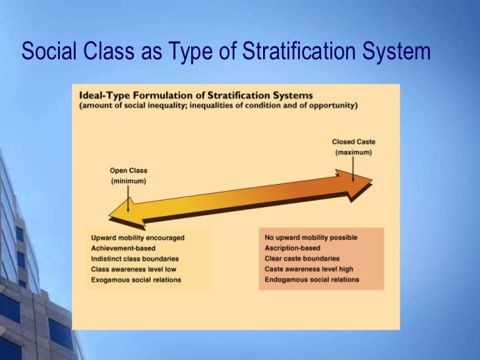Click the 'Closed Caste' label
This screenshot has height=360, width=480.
click(353, 142)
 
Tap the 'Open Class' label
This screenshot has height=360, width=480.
click(129, 171)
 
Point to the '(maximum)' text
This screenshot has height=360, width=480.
click(353, 152)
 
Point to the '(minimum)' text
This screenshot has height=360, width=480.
click(129, 181)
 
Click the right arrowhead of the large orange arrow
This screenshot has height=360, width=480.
click(359, 184)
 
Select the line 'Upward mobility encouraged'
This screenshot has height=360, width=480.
click(137, 237)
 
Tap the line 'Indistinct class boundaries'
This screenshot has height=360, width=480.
click(135, 258)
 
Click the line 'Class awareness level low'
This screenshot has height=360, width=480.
click(133, 269)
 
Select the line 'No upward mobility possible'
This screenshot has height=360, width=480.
click(311, 237)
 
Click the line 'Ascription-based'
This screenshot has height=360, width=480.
click(292, 248)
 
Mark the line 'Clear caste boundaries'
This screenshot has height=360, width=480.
click(302, 258)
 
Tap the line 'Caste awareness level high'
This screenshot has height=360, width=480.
click(308, 269)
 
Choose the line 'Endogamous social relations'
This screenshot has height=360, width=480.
click(312, 280)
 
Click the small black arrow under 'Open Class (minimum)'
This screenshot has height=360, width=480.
click(129, 198)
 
